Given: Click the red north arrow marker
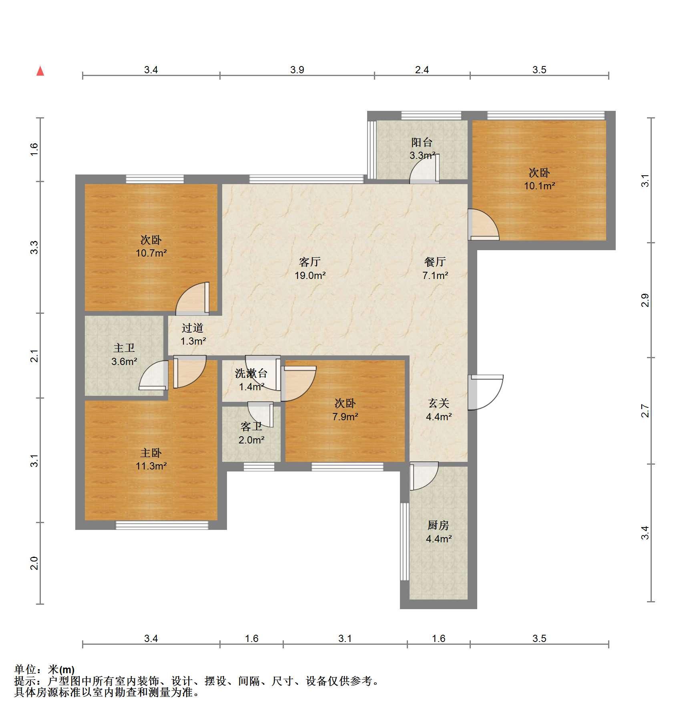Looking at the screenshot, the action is (40, 71).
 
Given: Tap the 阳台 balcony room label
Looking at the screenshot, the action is (422, 142).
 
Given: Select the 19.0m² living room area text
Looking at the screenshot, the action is (310, 275).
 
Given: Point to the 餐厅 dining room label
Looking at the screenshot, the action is (435, 262).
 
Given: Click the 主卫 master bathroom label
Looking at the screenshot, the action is (124, 348).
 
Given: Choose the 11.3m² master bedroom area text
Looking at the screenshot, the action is (151, 466).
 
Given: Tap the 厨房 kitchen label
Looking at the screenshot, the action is (438, 525).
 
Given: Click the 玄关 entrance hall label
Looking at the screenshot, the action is (438, 403).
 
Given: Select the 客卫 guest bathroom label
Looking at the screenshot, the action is (251, 427).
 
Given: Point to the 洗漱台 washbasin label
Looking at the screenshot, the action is (251, 373).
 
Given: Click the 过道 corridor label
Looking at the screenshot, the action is (193, 328).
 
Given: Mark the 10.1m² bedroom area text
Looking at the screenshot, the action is (539, 186).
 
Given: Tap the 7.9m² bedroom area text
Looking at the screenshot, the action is (345, 417).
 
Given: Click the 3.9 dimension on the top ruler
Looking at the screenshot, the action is (297, 70).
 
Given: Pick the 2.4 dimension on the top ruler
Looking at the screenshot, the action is (422, 70).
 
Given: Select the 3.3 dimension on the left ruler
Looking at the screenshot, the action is (34, 247).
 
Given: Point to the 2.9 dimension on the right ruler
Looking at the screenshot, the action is (645, 300).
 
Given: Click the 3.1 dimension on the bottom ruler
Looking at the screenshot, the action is (345, 638).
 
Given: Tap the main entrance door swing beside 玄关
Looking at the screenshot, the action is (486, 392).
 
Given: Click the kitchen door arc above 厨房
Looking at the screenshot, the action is (424, 476).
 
